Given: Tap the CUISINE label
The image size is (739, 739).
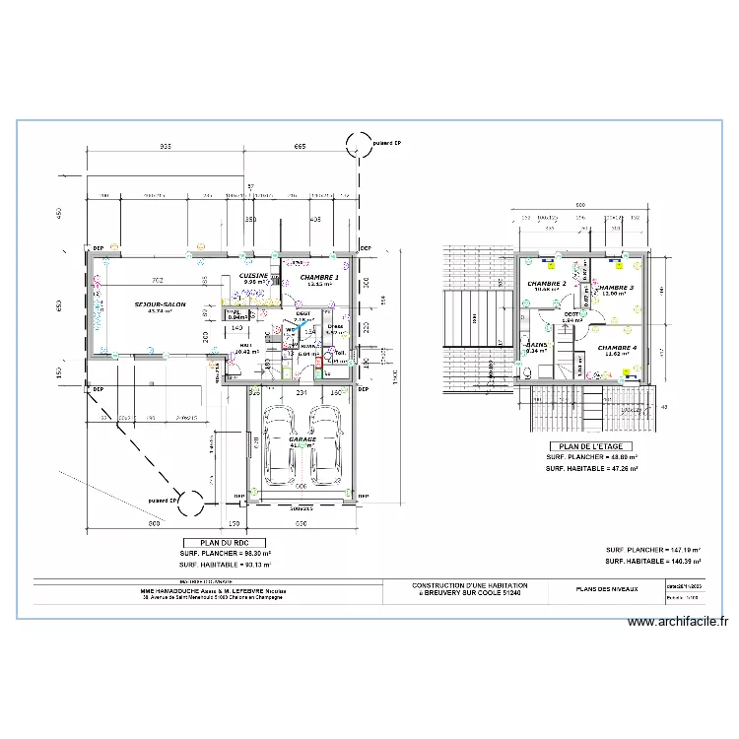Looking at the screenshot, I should click(x=255, y=276).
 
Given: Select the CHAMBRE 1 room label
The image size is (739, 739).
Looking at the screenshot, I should click(x=319, y=278).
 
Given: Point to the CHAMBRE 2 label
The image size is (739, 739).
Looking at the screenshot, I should click(x=547, y=284).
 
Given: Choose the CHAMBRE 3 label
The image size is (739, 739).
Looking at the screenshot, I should click(x=615, y=288).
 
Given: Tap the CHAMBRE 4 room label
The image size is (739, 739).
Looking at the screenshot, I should click(x=617, y=347).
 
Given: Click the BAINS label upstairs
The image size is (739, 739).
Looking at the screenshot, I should click(x=537, y=345).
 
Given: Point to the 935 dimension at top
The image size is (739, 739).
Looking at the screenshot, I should click(x=165, y=147).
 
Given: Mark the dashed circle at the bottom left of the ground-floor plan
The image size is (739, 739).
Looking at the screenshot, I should click(x=191, y=501).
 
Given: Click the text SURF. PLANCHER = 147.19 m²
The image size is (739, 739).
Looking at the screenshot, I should click(x=653, y=550).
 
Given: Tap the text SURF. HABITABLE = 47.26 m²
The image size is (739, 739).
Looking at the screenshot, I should click(x=592, y=469).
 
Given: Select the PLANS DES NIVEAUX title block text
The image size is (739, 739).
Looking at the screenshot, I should click(x=607, y=588).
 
